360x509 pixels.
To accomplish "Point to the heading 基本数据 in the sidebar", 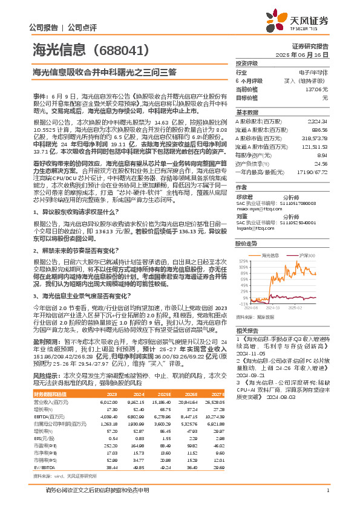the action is click(x=247, y=112).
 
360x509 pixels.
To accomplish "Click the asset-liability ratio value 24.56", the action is click(x=321, y=163).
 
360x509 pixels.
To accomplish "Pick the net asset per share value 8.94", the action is click(x=322, y=155).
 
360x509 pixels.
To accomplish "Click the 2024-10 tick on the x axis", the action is click(x=270, y=307).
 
